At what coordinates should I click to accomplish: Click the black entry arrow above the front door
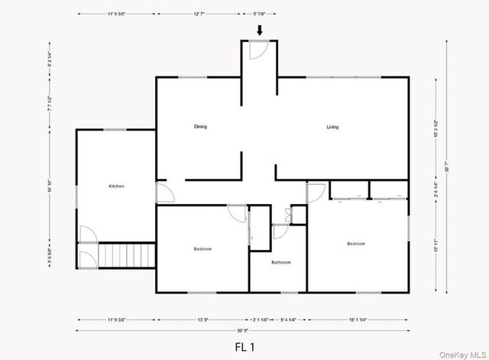260,31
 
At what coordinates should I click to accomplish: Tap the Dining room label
200,127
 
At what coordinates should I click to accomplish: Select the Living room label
332,127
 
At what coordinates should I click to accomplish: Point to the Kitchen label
116,186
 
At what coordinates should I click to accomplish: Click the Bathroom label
281,262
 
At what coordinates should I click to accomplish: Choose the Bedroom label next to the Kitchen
202,249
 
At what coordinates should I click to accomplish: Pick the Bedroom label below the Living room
356,244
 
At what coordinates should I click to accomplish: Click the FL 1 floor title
244,346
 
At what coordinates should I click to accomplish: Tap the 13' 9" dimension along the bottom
203,319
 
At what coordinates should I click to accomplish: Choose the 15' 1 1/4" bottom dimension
358,319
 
